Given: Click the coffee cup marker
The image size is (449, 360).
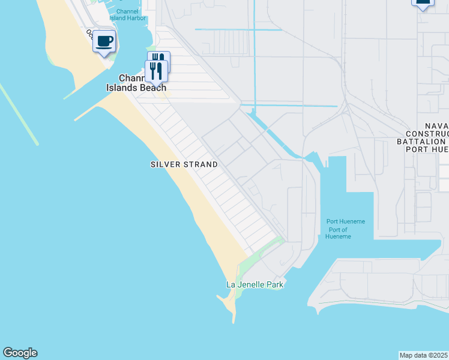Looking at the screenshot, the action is coord(104,41).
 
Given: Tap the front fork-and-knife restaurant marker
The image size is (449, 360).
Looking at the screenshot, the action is coord(156,71).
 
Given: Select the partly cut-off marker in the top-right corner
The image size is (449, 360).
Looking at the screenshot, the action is coord(423,4).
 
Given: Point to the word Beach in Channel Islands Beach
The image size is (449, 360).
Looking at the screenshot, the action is coord(152,87).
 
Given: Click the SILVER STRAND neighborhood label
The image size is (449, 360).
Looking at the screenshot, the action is coord(184,164).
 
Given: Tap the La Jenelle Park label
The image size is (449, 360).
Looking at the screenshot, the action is coord(254,284).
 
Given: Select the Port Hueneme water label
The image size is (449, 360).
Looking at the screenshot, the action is coord(345,221).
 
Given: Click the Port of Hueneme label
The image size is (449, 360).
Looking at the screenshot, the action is coord(339,233).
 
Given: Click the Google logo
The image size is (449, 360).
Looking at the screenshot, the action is coord(20,353).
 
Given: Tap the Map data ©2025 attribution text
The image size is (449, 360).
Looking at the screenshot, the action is coord(424,355).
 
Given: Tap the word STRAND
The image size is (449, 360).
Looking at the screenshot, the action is coord(202,164).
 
